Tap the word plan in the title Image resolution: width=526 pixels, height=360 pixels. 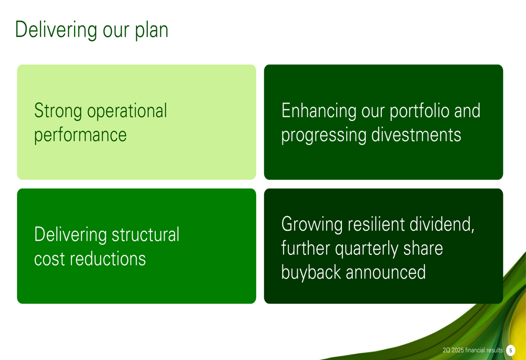point(151,30)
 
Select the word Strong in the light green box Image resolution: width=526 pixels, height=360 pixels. point(58,111)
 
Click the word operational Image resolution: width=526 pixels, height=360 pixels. point(127,111)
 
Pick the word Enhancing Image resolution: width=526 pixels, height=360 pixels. point(319,111)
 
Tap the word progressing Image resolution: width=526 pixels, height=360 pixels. point(323,136)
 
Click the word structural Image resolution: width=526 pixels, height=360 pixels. point(145,234)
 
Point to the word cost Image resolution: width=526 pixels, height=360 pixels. point(49,259)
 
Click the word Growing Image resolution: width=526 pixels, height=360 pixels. point(312,224)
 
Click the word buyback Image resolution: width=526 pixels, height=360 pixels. point(311,272)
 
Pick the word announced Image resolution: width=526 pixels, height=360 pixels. point(386,272)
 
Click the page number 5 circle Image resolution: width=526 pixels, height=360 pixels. point(511,351)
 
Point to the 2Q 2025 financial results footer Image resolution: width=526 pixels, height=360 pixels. point(473,351)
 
